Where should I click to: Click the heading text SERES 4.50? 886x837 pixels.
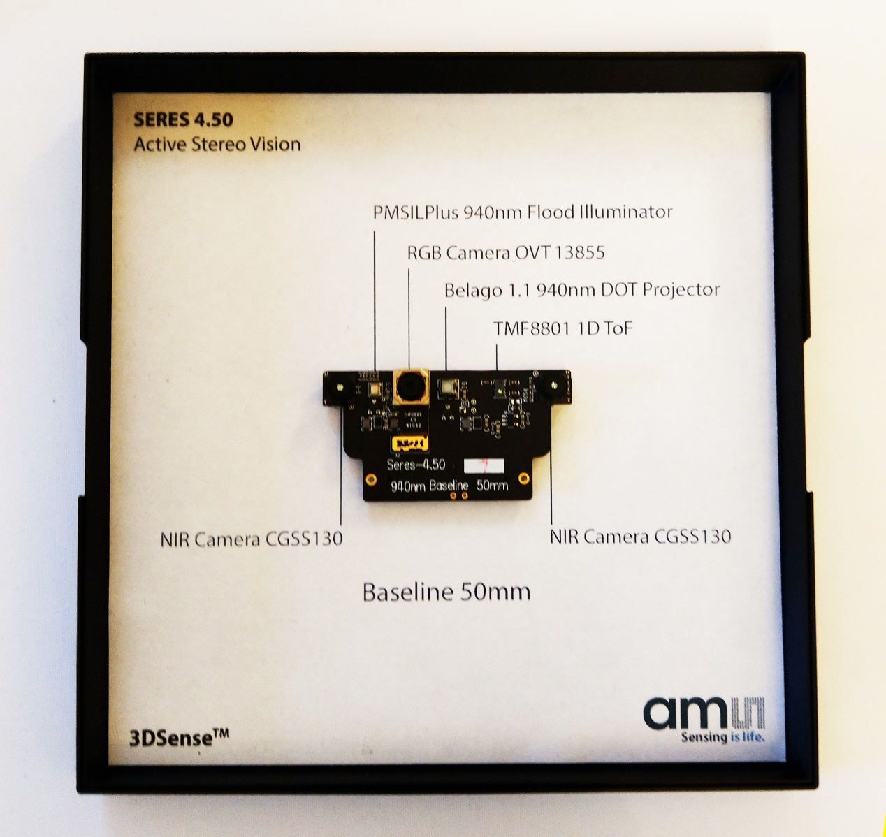pos(183,119)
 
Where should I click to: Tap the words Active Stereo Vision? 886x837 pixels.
pos(217,145)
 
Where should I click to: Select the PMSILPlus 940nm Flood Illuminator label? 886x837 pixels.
pos(523,212)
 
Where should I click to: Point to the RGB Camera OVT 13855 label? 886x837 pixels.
pos(506,252)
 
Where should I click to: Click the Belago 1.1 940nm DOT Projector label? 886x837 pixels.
pos(582,289)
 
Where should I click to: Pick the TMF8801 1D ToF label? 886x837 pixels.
pos(562,328)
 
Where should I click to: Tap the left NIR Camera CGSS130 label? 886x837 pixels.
pos(252,539)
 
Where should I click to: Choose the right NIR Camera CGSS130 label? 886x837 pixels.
pos(640,537)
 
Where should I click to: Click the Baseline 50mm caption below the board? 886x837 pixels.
pos(446,592)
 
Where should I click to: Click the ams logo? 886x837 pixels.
pos(704,713)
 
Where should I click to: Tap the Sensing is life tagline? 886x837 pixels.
pos(722,737)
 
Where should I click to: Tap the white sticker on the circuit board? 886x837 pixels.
pos(484,466)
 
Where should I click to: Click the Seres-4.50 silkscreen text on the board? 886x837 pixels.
pos(416,465)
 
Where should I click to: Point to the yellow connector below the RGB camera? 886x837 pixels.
pos(409,444)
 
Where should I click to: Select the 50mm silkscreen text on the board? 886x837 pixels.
pos(492,485)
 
